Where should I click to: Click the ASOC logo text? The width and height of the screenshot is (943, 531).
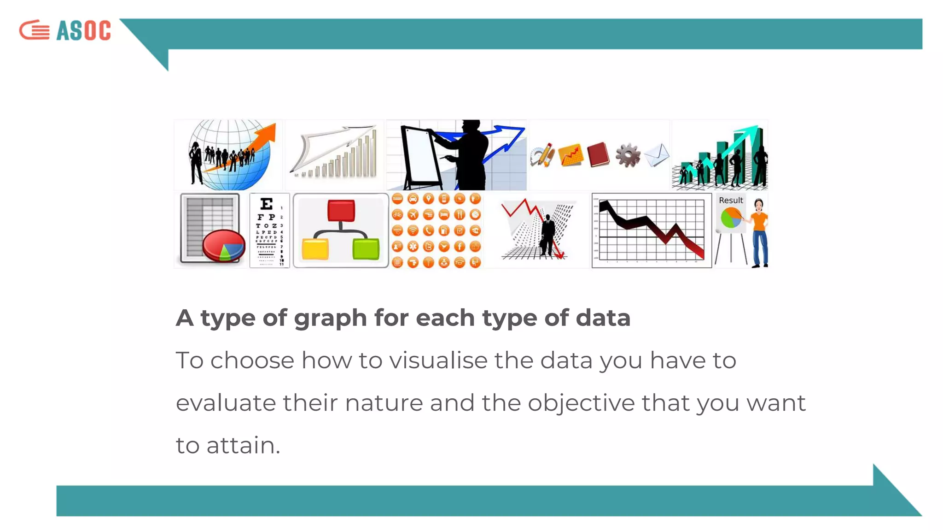(x=83, y=31)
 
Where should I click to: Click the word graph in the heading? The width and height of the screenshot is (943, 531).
(x=330, y=318)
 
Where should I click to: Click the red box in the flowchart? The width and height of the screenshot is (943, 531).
(x=341, y=211)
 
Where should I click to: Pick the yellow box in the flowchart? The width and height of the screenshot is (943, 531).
(x=315, y=249)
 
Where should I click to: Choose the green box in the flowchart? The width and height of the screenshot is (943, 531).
(x=366, y=249)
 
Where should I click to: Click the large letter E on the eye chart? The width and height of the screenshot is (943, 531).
(x=267, y=204)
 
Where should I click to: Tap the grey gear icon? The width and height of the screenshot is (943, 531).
(x=628, y=155)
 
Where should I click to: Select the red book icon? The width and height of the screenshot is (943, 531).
(x=598, y=154)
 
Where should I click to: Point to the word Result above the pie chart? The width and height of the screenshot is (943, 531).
(x=731, y=201)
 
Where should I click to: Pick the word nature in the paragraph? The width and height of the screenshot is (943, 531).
(x=384, y=403)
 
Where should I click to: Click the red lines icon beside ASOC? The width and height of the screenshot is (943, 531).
(x=35, y=30)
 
